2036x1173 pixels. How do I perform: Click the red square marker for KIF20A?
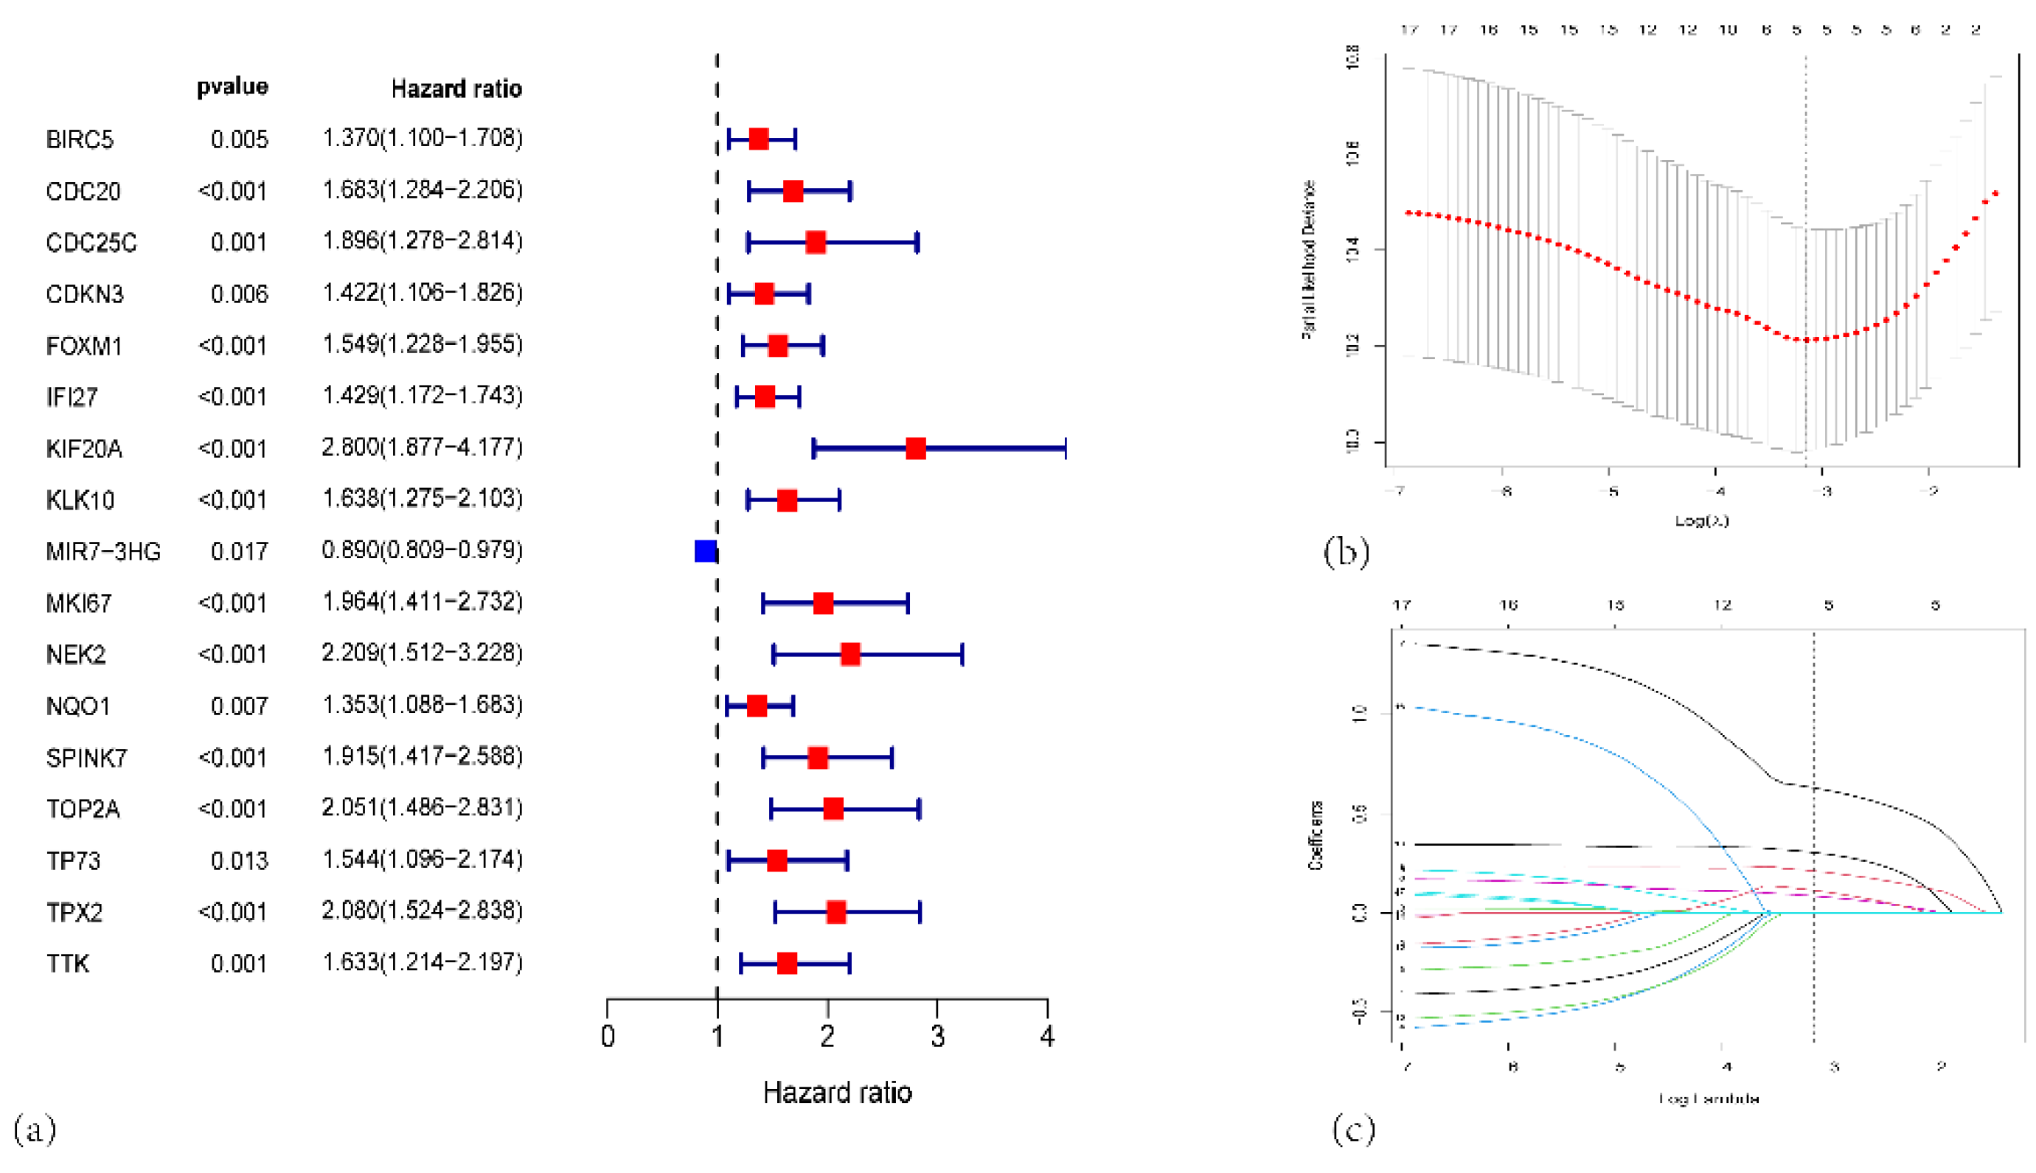coord(915,449)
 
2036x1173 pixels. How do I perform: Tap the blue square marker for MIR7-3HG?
coord(705,551)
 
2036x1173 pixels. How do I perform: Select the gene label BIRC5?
coord(79,139)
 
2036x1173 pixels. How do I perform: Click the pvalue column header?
coord(232,86)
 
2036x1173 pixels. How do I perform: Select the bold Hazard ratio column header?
coord(456,88)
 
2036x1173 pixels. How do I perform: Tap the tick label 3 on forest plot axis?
coord(937,1036)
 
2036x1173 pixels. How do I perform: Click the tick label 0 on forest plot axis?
coord(608,1036)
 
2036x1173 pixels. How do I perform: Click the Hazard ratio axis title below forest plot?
coord(837,1093)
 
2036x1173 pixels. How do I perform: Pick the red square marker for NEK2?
coord(850,654)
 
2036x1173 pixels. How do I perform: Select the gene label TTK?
coord(68,964)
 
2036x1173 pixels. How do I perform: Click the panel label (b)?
coord(1347,552)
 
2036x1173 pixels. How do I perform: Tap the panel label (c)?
coord(1354,1129)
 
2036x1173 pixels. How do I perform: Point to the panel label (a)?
coord(35,1129)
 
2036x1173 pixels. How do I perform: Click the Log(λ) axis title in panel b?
coord(1702,521)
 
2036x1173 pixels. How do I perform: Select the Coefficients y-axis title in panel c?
coord(1315,835)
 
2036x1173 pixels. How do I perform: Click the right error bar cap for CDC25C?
coord(917,243)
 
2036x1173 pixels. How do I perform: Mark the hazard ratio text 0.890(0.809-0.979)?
coord(423,550)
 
